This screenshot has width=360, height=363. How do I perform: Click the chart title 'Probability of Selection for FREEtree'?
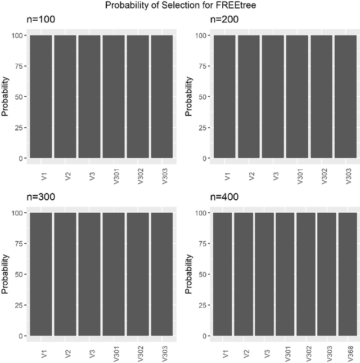[180, 6]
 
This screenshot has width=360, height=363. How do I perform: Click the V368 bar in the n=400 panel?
[348, 274]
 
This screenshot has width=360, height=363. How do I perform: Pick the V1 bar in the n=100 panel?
[41, 96]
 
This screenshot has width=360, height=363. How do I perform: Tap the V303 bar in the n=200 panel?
[345, 96]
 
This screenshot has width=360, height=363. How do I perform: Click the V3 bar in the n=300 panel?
[89, 274]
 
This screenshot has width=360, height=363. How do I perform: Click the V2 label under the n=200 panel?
[251, 172]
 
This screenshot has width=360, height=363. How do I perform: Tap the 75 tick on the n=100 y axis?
[20, 66]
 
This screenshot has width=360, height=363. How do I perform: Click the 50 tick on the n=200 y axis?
[203, 97]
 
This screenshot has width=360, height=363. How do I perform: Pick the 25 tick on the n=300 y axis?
[20, 305]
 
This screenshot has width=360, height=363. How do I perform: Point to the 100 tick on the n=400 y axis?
[201, 213]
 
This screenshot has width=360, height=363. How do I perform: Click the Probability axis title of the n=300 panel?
[6, 274]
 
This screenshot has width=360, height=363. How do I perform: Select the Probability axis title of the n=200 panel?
[189, 96]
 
